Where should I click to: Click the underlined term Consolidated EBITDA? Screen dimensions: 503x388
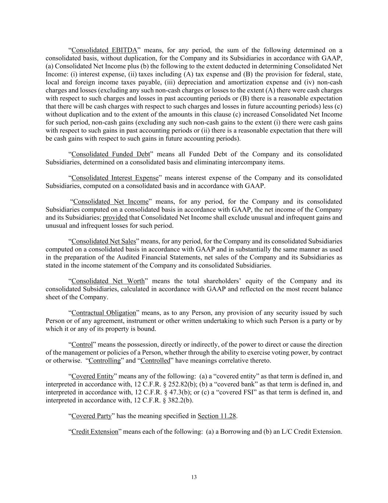[104, 50]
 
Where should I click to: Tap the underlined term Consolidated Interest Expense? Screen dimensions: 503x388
[115, 178]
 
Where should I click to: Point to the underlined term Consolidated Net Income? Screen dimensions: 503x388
[111, 202]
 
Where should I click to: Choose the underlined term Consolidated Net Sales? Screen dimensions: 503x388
[104, 241]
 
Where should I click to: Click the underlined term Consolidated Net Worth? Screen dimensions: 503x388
[108, 281]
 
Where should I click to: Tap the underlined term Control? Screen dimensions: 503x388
[82, 345]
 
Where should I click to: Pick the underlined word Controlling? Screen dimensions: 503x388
[105, 360]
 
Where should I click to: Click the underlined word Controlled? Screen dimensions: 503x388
[156, 360]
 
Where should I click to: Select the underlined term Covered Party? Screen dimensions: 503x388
[91, 416]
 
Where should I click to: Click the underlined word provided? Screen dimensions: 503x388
[115, 217]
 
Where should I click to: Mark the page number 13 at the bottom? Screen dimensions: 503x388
[194, 477]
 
